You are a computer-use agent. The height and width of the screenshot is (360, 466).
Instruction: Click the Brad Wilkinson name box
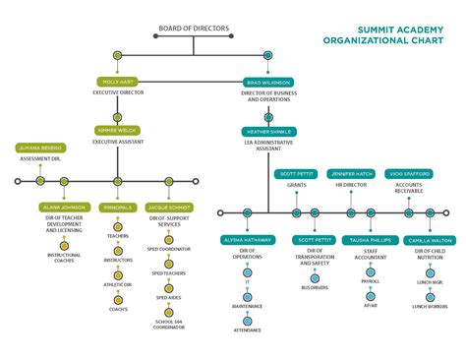point(268,82)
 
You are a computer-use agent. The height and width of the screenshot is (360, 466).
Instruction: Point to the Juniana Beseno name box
point(40,147)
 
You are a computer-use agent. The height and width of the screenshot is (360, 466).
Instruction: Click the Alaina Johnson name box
point(63,208)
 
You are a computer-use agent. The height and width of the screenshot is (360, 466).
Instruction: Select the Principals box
point(118,208)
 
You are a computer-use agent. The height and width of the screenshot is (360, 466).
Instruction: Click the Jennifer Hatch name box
point(350,173)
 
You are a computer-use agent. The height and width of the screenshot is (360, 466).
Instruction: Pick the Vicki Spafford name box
point(407,173)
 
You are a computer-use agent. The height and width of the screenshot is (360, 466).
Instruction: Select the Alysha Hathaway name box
point(247,240)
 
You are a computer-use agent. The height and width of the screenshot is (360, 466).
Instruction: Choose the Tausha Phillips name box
point(371,240)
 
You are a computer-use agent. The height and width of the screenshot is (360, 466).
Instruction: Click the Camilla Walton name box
point(431,240)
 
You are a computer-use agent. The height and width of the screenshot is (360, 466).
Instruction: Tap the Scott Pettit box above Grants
point(296,173)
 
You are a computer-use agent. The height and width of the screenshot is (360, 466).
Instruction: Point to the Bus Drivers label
point(315,288)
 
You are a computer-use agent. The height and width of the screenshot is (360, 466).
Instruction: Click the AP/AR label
point(371,305)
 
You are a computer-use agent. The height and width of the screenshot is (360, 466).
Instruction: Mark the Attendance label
point(248,330)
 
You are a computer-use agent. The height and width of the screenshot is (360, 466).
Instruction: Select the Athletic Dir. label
point(119,284)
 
